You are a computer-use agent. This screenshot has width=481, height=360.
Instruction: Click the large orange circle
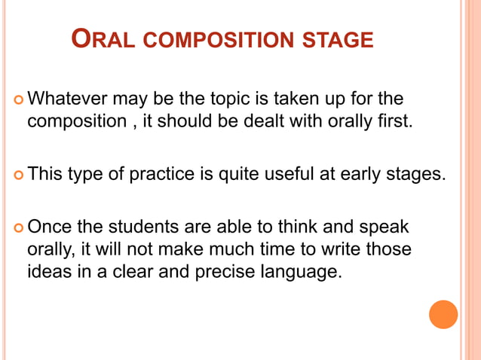click(443, 314)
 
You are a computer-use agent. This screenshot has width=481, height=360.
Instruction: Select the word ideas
click(47, 271)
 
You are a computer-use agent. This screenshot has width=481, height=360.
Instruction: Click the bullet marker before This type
click(17, 175)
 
